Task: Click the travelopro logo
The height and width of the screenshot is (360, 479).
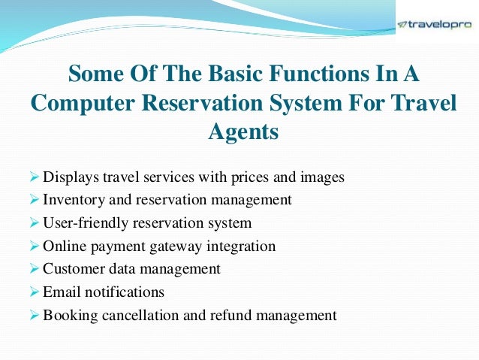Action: tap(435, 24)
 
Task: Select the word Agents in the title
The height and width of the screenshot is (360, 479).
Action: tap(243, 132)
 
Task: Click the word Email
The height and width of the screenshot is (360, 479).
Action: tap(61, 292)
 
